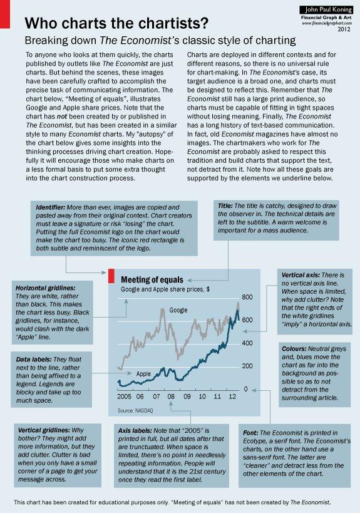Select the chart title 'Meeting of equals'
tap(152, 279)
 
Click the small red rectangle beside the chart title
tap(110, 277)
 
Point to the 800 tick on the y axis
tap(247, 297)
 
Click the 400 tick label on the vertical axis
tap(247, 343)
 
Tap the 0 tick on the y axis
tap(247, 389)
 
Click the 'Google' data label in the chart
tap(179, 310)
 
